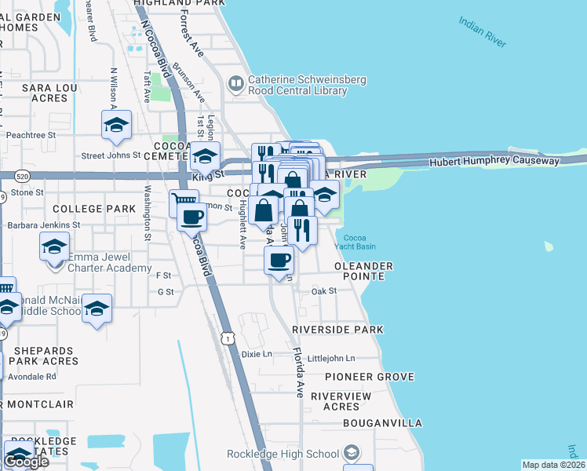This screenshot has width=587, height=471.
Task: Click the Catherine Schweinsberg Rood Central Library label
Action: [297, 85]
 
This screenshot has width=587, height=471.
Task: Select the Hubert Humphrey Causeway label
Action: [494, 161]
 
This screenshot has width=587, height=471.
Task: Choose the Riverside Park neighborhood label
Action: [337, 330]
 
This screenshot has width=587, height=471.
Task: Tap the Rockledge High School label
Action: [283, 454]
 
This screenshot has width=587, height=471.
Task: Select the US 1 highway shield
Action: [227, 337]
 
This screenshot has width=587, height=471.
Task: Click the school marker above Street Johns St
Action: [116, 125]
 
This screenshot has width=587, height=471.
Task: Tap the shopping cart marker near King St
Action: [184, 203]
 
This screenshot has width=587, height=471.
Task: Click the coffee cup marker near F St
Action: [279, 261]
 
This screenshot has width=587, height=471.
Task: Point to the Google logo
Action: [26, 462]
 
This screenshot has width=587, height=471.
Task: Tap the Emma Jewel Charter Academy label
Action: [110, 262]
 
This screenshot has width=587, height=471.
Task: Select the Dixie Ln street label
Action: [256, 354]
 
